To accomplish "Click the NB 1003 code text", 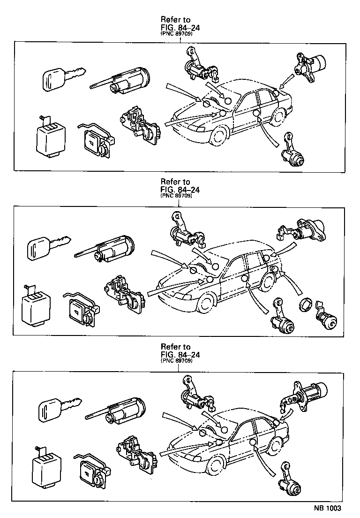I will click(327, 508).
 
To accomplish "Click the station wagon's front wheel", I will click(204, 304).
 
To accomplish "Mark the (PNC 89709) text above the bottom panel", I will click(176, 362).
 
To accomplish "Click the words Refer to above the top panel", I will click(175, 20).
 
